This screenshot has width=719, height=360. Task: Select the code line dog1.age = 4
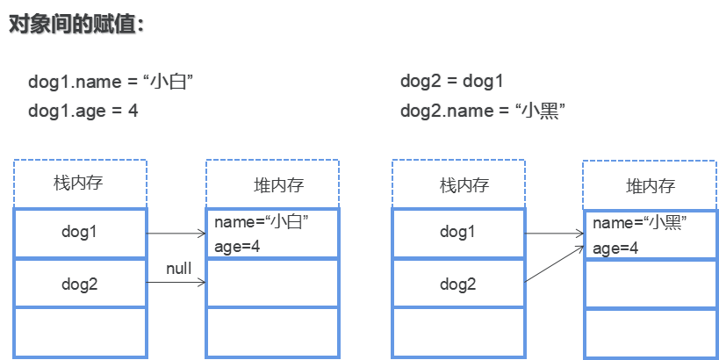tap(83, 111)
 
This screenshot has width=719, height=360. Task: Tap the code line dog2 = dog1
tap(452, 83)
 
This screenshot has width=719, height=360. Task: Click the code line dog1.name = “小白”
tap(111, 83)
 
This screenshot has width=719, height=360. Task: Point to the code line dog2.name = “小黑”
tap(482, 111)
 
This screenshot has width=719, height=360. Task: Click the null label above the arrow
tap(178, 268)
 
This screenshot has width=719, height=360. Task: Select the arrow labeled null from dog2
tap(176, 282)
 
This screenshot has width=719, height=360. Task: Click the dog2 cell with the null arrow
tap(80, 283)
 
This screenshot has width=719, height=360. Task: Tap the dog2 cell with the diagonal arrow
tap(457, 283)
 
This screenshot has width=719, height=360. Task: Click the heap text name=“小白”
tap(262, 223)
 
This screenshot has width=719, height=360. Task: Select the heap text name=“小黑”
tap(640, 224)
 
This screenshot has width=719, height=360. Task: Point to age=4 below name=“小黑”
tap(615, 248)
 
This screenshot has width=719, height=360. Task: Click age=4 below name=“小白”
tap(237, 246)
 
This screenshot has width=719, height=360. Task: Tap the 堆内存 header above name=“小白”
tap(272, 184)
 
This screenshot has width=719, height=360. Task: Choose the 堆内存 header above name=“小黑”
tap(650, 185)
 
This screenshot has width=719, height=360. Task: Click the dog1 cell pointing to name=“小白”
tap(80, 233)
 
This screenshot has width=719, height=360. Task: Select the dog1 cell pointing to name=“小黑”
tap(457, 233)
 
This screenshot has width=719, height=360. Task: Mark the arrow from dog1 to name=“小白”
tap(176, 234)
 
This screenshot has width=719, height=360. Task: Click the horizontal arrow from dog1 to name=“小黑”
tap(554, 234)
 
